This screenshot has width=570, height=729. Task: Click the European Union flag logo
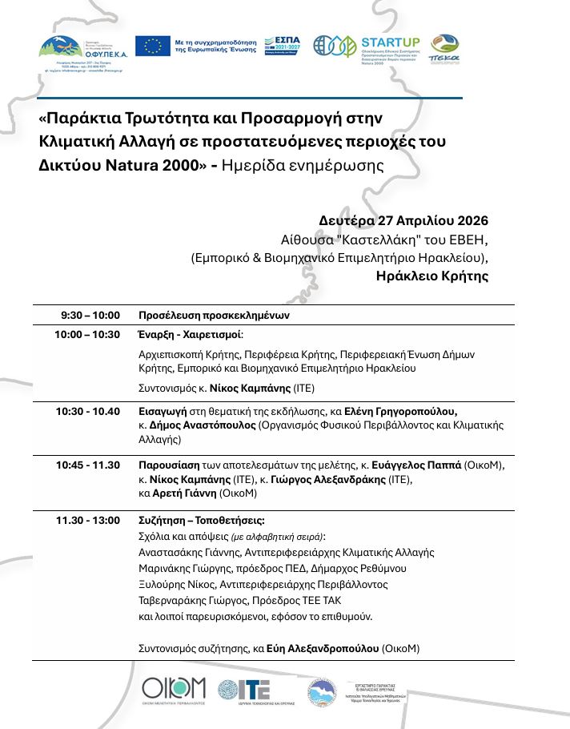[x=152, y=46]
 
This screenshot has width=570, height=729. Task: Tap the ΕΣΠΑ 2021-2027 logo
[x=287, y=46]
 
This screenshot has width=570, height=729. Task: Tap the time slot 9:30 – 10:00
[x=90, y=315]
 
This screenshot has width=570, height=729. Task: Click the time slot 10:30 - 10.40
[x=87, y=411]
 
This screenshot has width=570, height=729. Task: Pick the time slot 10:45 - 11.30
[x=87, y=465]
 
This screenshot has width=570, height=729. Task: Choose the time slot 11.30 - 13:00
[x=87, y=520]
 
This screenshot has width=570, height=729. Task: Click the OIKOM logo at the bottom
[x=174, y=688]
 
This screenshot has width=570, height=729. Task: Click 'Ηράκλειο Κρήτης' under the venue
[x=432, y=276]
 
